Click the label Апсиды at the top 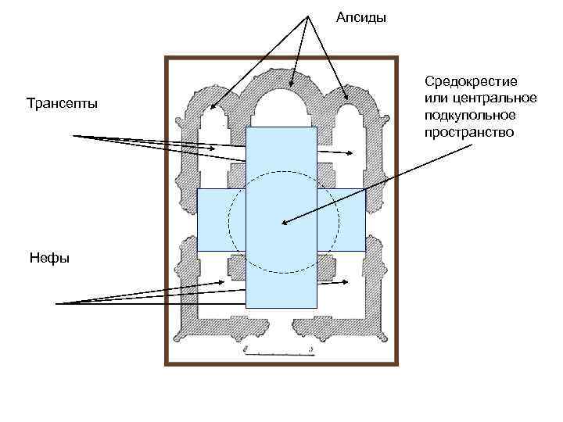[x=360, y=17]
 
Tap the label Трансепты [x=62, y=104]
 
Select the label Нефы [x=48, y=257]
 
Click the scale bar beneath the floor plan [x=278, y=353]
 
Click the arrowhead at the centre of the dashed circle [x=283, y=224]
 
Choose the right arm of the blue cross [x=342, y=220]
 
